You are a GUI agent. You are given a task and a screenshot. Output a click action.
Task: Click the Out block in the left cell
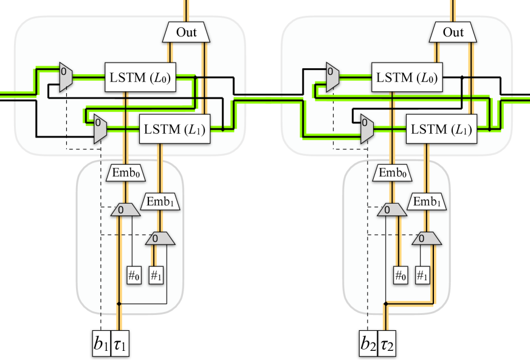[186, 32]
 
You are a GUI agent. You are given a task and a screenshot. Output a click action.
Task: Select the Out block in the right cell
[453, 32]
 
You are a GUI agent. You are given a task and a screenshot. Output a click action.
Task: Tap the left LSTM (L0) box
[140, 77]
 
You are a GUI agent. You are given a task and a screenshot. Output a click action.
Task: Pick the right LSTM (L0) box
[407, 77]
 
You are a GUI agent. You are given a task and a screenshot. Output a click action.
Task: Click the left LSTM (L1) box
[175, 129]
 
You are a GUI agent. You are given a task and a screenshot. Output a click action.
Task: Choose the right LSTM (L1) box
[441, 129]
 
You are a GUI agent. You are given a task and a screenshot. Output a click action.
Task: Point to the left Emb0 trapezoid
[126, 173]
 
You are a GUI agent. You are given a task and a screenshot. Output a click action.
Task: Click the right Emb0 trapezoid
[393, 173]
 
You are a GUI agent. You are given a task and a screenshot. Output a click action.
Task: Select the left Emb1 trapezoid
[160, 202]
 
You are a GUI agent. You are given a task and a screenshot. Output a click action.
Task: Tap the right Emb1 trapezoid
[427, 202]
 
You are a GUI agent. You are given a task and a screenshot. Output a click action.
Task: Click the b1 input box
[102, 344]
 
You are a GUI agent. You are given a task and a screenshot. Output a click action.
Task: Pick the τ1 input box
[120, 344]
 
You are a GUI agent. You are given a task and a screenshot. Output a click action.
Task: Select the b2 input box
[368, 344]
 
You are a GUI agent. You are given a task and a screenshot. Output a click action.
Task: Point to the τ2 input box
[387, 344]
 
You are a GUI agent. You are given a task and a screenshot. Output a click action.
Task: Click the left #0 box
[134, 275]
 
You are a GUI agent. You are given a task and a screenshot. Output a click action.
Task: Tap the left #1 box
[156, 275]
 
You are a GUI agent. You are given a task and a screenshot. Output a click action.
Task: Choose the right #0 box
[401, 275]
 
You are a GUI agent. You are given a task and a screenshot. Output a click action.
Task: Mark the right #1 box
[423, 275]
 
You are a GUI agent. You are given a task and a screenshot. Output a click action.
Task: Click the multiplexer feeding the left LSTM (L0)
[66, 77]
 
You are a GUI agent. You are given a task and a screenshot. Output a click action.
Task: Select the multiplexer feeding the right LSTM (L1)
[367, 129]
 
